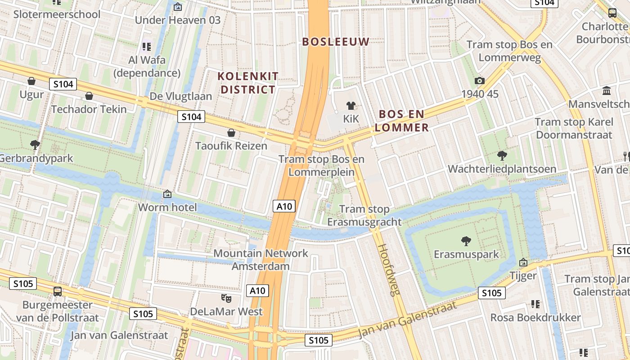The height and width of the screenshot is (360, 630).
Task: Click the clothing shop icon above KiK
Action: click(x=351, y=106)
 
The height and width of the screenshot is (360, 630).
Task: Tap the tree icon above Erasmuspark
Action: click(x=466, y=241)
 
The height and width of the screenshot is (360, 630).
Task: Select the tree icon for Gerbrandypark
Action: click(x=35, y=145)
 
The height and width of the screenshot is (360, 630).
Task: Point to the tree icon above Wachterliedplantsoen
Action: click(x=502, y=156)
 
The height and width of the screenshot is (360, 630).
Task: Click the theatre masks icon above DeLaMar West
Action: click(x=226, y=298)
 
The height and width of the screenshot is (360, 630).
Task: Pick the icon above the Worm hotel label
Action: click(x=167, y=194)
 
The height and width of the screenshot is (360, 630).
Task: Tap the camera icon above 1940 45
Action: click(x=480, y=81)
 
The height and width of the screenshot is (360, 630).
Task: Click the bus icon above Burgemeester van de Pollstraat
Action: click(x=58, y=291)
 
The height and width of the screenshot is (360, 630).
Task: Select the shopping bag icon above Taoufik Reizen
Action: click(x=231, y=133)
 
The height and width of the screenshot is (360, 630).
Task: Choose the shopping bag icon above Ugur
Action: click(x=31, y=81)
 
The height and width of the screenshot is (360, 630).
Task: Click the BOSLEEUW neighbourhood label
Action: click(x=336, y=42)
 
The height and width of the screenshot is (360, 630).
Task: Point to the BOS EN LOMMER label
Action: click(x=402, y=121)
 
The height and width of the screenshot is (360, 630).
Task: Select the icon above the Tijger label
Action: click(x=523, y=262)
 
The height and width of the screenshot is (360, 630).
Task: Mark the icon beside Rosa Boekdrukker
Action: click(x=535, y=304)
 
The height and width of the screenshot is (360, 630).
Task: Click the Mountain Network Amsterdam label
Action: click(x=261, y=259)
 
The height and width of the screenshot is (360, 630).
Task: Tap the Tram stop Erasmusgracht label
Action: click(x=364, y=215)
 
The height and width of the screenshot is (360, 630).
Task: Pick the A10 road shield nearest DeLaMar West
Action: click(x=258, y=291)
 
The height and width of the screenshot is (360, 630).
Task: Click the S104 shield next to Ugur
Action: click(x=63, y=84)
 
